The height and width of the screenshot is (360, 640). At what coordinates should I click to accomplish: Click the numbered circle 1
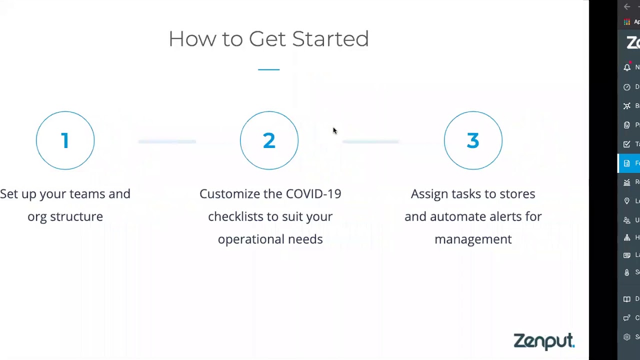pos(65,140)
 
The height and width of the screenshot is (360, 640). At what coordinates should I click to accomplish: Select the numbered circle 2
pos(269,140)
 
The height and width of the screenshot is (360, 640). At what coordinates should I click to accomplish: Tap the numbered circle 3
pos(473,140)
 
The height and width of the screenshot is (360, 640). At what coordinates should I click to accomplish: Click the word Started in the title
pos(330,39)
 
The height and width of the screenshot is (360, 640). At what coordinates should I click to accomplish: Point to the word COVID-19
pos(313,194)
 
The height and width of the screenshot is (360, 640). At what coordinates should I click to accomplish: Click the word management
pos(473,239)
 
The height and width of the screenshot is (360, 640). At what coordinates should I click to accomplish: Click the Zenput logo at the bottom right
pos(544,341)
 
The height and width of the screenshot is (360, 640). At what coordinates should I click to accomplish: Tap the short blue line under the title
pos(269,69)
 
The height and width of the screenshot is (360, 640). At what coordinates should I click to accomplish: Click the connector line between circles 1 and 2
pos(167,141)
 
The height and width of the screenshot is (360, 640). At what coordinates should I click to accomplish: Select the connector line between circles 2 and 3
pos(370,141)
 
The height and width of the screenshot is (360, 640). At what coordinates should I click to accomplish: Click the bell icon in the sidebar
pos(627,67)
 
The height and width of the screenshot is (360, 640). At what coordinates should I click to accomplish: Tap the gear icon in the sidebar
pos(627,337)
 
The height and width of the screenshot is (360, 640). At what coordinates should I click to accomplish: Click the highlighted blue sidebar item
pos(629,163)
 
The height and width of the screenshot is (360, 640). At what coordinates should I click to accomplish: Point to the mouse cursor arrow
pos(334,130)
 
